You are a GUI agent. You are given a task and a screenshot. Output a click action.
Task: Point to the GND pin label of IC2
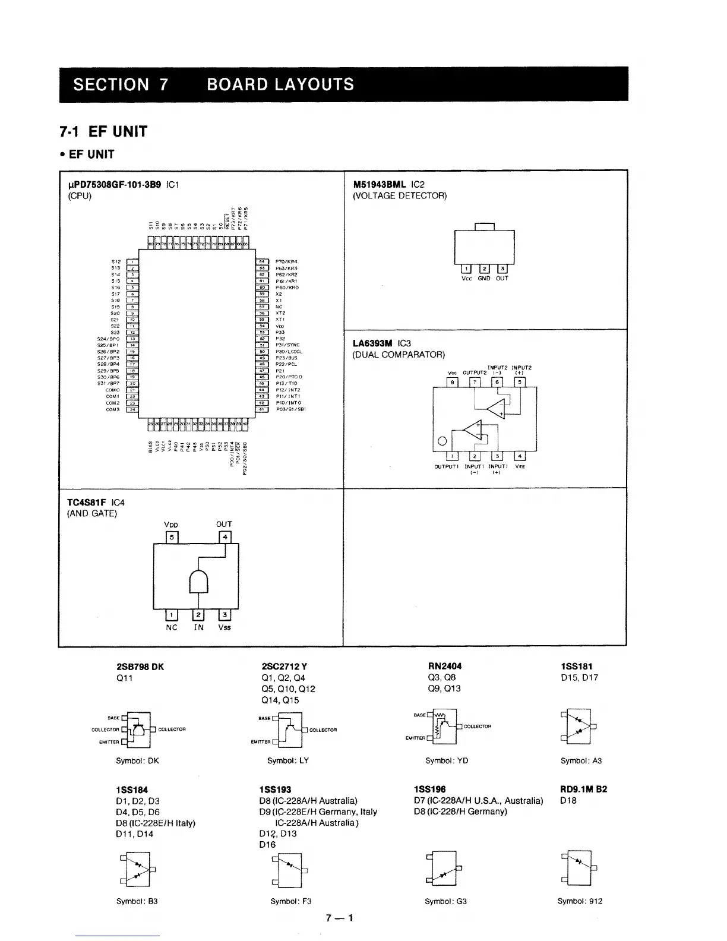coord(484,278)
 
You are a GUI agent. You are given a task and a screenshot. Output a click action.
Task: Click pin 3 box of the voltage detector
coord(502,269)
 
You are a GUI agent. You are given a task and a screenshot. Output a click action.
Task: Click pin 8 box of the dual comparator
coord(453,382)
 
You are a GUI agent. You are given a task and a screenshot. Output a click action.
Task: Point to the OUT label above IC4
coord(224,524)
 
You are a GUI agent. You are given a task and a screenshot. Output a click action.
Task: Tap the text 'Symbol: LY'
coord(288,760)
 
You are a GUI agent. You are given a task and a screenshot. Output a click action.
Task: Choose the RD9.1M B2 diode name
coord(583,790)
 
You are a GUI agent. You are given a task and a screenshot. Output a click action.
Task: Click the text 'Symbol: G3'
coord(446,901)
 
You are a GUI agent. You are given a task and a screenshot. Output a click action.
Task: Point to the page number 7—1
coord(340,918)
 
